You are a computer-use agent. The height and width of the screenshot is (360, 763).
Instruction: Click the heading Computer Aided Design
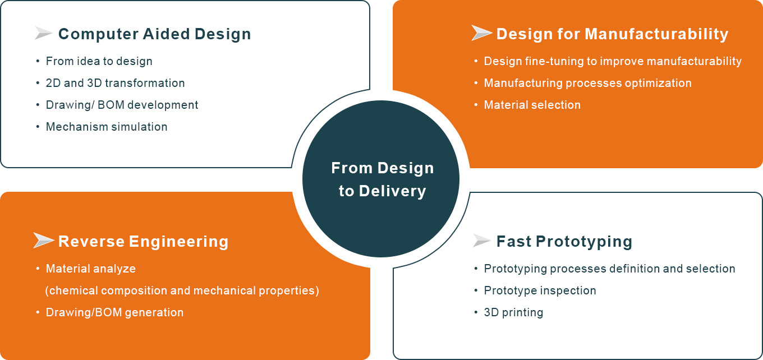coord(155,34)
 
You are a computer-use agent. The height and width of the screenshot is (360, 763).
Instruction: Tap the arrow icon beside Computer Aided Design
coord(43,33)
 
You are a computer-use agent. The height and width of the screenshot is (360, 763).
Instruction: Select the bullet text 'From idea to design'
coord(99,61)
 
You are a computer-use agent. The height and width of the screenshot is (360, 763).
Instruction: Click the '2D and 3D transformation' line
coord(115,83)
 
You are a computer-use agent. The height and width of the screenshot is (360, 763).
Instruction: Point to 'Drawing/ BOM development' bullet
coord(122,105)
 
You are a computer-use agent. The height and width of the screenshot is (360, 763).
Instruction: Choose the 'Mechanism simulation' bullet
coord(107,127)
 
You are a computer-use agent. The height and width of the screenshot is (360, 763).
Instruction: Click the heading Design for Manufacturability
coord(613,34)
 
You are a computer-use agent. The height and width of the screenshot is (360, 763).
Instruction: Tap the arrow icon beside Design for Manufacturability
coord(481,33)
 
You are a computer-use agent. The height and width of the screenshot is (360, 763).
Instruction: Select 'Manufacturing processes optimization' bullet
coord(588,83)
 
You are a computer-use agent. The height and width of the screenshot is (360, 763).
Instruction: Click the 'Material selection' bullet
coord(532,105)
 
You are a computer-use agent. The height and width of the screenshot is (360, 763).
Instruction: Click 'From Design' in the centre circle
coord(383,168)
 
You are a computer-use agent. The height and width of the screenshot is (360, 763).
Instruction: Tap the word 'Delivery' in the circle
coord(392,191)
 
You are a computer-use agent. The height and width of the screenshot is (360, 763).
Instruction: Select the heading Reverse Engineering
coord(144,242)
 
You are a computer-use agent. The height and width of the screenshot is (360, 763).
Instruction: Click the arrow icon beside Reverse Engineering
coord(44,241)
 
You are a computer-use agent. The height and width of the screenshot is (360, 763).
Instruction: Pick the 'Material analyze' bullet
coord(91,269)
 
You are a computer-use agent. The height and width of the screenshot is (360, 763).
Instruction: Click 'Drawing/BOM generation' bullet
coord(114,312)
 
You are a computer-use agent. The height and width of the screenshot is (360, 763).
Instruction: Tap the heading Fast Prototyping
coord(564,242)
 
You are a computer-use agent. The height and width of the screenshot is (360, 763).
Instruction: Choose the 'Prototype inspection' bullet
coord(540,290)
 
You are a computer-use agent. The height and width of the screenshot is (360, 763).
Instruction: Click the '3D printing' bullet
coord(514,312)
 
